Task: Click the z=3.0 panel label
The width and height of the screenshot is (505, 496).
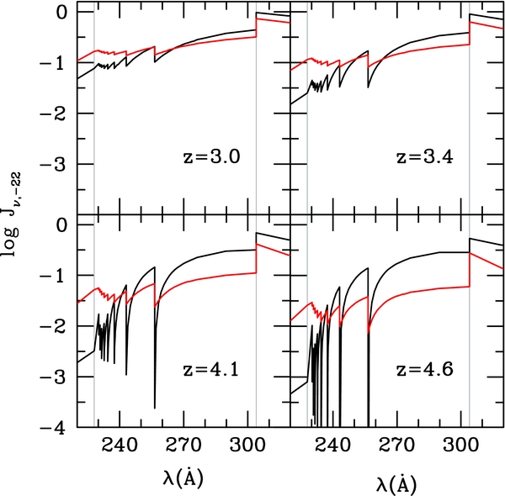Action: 211,157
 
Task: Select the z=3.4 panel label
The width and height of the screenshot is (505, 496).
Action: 424,157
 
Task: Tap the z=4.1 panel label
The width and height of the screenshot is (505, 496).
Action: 211,370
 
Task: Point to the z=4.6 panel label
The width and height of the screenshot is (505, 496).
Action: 424,370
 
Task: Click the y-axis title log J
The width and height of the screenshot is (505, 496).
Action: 12,215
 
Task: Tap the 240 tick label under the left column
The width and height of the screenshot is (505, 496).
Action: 120,446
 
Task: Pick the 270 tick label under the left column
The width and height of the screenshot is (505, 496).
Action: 183,446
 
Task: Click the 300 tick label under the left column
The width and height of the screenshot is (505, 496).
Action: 247,446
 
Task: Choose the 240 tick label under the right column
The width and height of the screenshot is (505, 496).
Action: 332,446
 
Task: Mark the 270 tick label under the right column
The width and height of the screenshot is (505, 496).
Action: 396,446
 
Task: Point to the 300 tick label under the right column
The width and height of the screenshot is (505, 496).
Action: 460,446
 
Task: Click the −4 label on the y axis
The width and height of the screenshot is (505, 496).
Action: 52,428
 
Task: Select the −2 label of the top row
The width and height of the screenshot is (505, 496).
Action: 52,113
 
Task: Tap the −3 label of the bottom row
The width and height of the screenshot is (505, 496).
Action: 52,377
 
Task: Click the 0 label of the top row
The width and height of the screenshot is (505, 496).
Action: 61,12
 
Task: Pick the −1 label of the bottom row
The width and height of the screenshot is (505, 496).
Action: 52,276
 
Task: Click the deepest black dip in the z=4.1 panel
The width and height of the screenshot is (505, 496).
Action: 155,408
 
